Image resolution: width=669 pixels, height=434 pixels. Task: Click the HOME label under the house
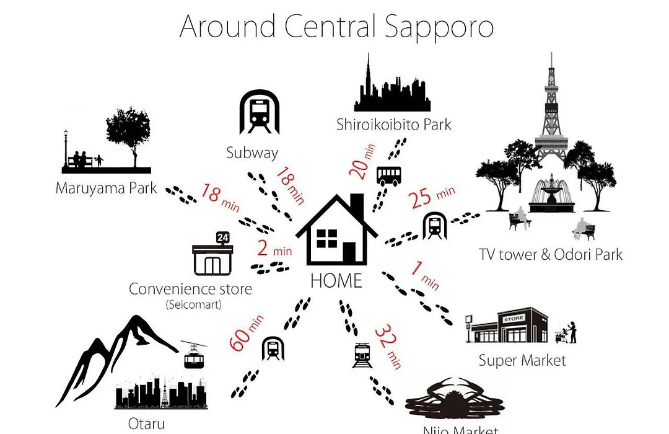tap(336, 281)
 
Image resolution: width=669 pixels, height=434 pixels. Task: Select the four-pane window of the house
tap(327, 238)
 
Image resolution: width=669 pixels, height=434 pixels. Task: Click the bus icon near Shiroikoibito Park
tap(388, 176)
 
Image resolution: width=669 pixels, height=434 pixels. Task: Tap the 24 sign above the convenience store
tap(223, 237)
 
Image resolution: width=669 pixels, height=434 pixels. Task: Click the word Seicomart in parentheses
tap(194, 304)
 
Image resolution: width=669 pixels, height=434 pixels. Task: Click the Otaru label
tap(146, 423)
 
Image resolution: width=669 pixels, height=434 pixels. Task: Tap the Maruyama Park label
tap(107, 188)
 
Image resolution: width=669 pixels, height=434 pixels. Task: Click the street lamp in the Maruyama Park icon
tap(65, 149)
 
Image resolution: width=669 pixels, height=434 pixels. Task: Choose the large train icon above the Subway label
tap(260, 112)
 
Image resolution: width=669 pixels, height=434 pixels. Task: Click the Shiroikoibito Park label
tap(393, 125)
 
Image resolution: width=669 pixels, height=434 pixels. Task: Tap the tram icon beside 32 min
tap(362, 355)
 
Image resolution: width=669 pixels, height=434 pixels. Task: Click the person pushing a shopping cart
tap(566, 332)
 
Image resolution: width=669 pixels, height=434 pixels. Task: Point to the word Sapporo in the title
tap(439, 27)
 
